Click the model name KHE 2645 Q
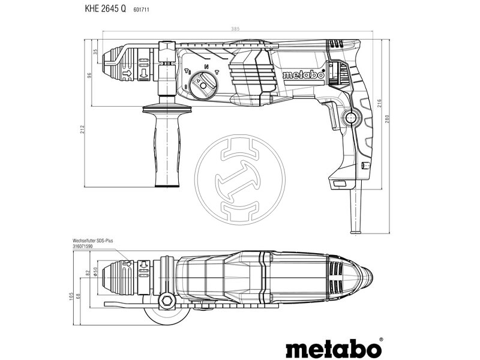[x=101, y=10]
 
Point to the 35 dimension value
[x=95, y=52]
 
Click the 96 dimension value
[x=89, y=76]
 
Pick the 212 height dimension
[x=82, y=129]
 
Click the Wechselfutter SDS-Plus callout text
[x=92, y=240]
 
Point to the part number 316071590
[x=84, y=246]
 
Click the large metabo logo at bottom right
[x=333, y=347]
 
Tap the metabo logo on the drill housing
[x=303, y=75]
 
